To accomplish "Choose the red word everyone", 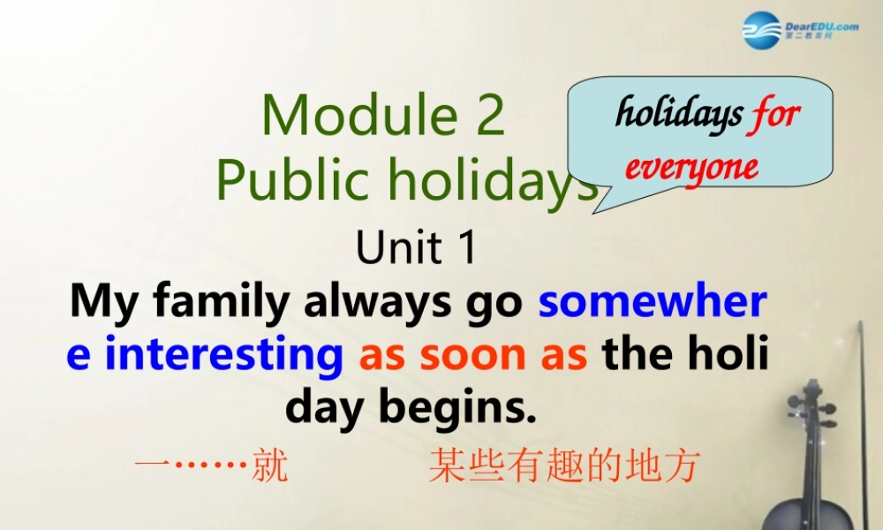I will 691,166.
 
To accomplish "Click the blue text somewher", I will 653,302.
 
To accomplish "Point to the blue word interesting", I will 223,355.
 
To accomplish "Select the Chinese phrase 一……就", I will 211,466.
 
